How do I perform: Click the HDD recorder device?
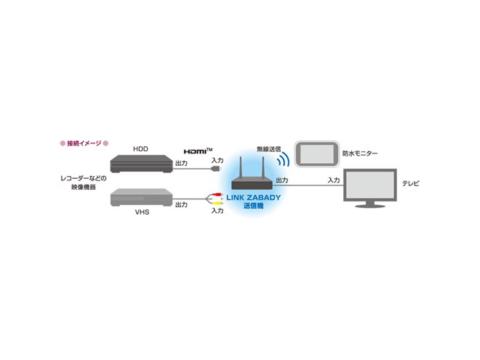tap(141, 164)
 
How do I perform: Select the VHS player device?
tap(141, 197)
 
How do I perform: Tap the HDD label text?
tap(140, 149)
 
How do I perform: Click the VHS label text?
tap(142, 212)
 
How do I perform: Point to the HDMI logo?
tap(198, 151)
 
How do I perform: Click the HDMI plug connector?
tap(216, 169)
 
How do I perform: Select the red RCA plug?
tap(217, 194)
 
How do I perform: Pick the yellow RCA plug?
tap(217, 203)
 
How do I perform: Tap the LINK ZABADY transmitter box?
tap(252, 184)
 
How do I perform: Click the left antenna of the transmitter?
tap(241, 168)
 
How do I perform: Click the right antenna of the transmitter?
tap(263, 168)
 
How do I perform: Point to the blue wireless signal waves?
tap(284, 159)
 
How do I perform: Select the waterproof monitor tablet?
tap(317, 154)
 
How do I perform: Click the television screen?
tap(370, 185)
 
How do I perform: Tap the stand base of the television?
tap(370, 206)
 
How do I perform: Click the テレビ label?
tap(410, 183)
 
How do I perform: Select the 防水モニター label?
tap(360, 153)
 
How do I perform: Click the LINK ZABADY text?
tap(254, 197)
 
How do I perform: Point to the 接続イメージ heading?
tap(84, 143)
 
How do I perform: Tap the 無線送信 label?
tap(269, 149)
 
